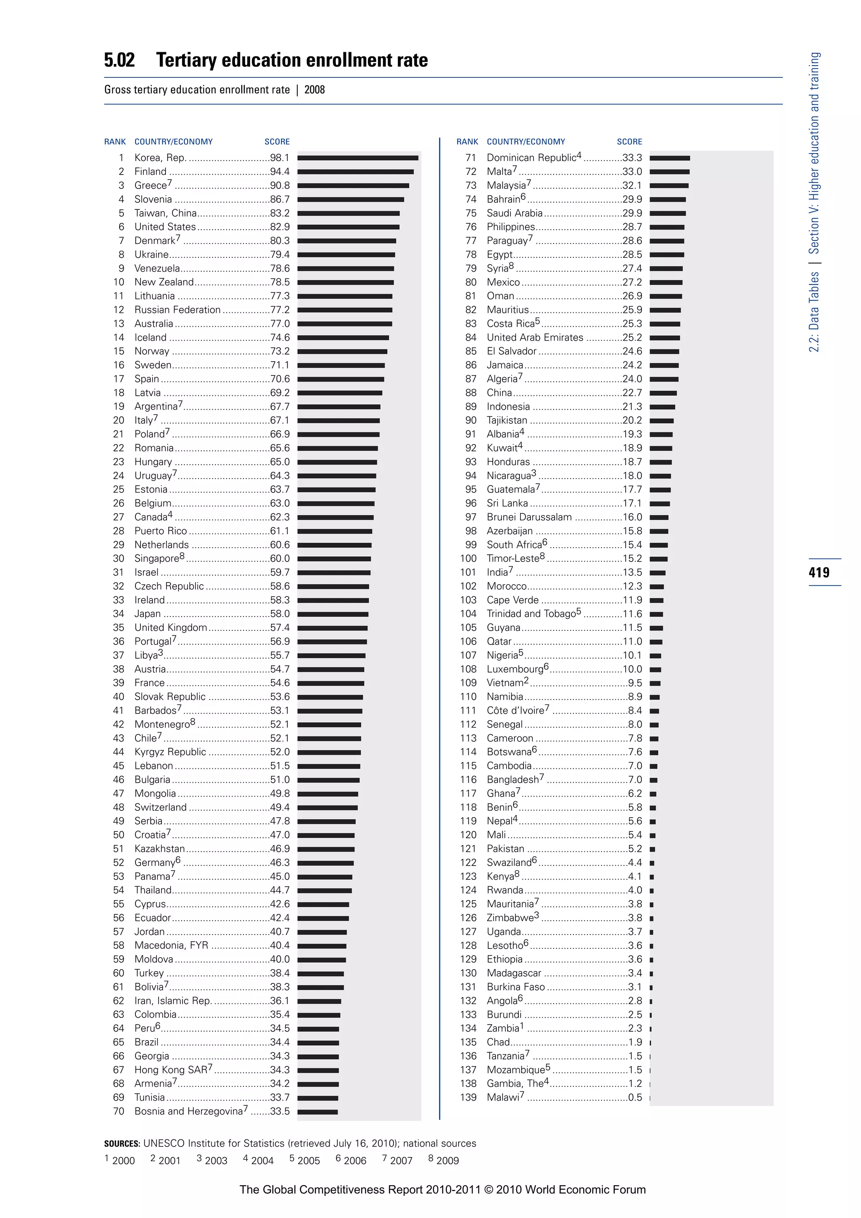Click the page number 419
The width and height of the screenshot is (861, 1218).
[x=819, y=572]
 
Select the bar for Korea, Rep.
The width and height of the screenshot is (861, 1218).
[x=358, y=158]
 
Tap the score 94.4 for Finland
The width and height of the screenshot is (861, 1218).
[x=280, y=171]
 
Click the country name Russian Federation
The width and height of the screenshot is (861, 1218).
[x=177, y=310]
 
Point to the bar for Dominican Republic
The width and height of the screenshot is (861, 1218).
[x=670, y=158]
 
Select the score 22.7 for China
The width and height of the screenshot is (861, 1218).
[x=632, y=392]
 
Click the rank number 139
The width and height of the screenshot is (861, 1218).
[x=468, y=1097]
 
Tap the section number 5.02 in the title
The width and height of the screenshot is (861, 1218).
[x=119, y=60]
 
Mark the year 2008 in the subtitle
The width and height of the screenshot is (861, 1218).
[x=314, y=90]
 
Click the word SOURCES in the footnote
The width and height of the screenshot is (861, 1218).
[x=122, y=1143]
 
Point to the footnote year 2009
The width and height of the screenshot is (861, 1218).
[x=447, y=1160]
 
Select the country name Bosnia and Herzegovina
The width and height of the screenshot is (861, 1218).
[x=188, y=1111]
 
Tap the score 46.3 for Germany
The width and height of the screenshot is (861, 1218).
[x=280, y=863]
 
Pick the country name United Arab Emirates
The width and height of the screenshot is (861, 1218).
[x=534, y=337]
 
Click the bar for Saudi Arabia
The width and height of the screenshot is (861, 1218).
[x=668, y=213]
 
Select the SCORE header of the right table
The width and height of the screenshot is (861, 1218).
[x=629, y=142]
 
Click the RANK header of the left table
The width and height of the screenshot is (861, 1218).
[x=115, y=142]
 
